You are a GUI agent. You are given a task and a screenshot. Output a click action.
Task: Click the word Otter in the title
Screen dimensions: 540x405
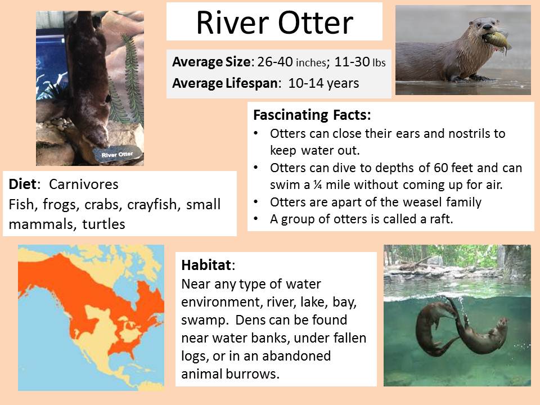coord(316,22)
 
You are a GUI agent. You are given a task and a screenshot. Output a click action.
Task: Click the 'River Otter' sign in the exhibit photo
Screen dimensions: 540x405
coord(117,154)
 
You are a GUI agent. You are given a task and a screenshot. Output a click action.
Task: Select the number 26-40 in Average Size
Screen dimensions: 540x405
coord(275,62)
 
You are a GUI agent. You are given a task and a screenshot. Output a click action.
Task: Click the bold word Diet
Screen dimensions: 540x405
coord(22,184)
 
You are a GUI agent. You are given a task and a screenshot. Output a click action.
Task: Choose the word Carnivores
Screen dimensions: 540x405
coord(84,184)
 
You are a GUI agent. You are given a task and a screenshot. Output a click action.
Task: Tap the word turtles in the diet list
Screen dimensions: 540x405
coord(103,224)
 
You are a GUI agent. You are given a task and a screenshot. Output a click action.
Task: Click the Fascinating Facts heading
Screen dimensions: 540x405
coord(312,115)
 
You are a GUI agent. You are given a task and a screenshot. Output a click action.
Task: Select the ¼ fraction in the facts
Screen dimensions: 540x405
coord(317,185)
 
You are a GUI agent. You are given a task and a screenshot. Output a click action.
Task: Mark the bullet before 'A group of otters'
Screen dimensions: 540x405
coord(255,219)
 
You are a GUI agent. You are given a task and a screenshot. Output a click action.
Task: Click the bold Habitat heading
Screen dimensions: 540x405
coord(206,265)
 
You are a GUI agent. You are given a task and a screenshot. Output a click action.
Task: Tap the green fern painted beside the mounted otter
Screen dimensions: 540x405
coord(132,79)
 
